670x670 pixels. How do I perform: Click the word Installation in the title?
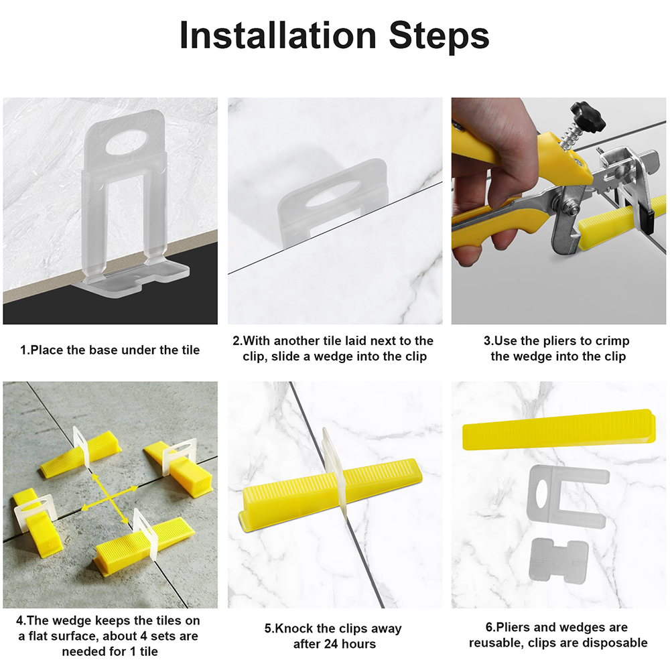pyautogui.click(x=278, y=36)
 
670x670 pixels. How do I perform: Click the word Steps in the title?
pyautogui.click(x=439, y=38)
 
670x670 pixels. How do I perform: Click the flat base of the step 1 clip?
pyautogui.click(x=131, y=279)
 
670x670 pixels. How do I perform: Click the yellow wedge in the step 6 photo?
pyautogui.click(x=559, y=429)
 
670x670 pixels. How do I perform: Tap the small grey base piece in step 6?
pyautogui.click(x=559, y=560)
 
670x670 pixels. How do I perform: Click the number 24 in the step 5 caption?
pyautogui.click(x=322, y=643)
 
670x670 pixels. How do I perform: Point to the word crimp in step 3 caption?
pyautogui.click(x=613, y=342)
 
